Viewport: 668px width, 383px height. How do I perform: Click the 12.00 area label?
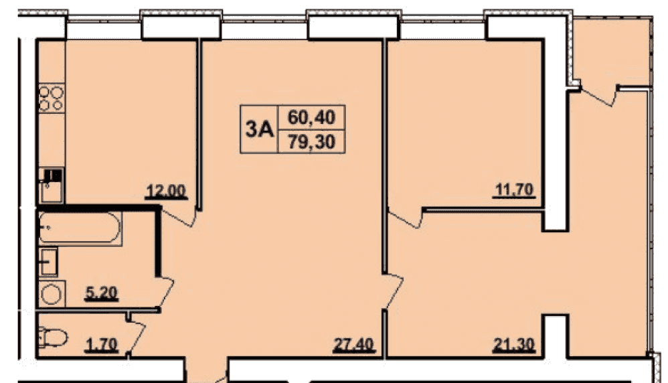click(x=166, y=191)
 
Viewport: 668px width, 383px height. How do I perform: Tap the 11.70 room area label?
click(x=514, y=189)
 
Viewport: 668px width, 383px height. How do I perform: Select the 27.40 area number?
click(x=353, y=344)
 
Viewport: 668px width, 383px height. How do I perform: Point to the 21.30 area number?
click(x=513, y=344)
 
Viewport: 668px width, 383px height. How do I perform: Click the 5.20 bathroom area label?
click(x=101, y=293)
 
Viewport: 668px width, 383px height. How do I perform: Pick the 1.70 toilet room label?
click(x=101, y=344)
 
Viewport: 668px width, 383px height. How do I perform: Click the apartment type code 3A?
click(x=259, y=129)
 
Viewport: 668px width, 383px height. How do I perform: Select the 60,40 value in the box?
click(x=311, y=117)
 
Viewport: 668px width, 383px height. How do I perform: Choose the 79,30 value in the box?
click(x=311, y=141)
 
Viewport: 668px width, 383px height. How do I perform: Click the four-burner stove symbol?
click(x=52, y=98)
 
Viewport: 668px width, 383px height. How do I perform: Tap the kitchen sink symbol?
click(x=52, y=185)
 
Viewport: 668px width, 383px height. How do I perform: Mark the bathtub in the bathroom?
click(x=80, y=228)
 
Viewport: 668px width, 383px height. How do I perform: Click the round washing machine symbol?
click(x=52, y=293)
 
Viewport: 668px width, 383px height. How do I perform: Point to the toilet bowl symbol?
click(x=53, y=338)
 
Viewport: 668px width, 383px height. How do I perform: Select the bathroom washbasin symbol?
click(x=49, y=262)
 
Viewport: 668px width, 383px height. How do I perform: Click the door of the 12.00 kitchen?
click(x=179, y=217)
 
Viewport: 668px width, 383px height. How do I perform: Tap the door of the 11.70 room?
click(x=405, y=218)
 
